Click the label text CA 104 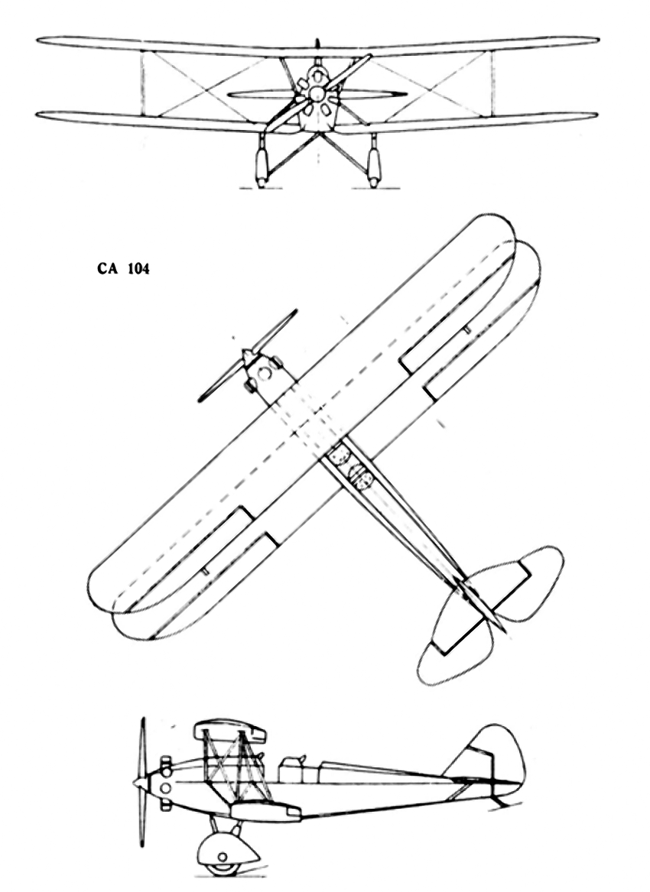(x=123, y=269)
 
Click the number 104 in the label (x=138, y=269)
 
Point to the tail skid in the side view (x=499, y=800)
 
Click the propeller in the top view (x=248, y=356)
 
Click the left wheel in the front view (x=262, y=165)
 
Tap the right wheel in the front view (x=373, y=165)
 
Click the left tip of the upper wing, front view (x=37, y=40)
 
